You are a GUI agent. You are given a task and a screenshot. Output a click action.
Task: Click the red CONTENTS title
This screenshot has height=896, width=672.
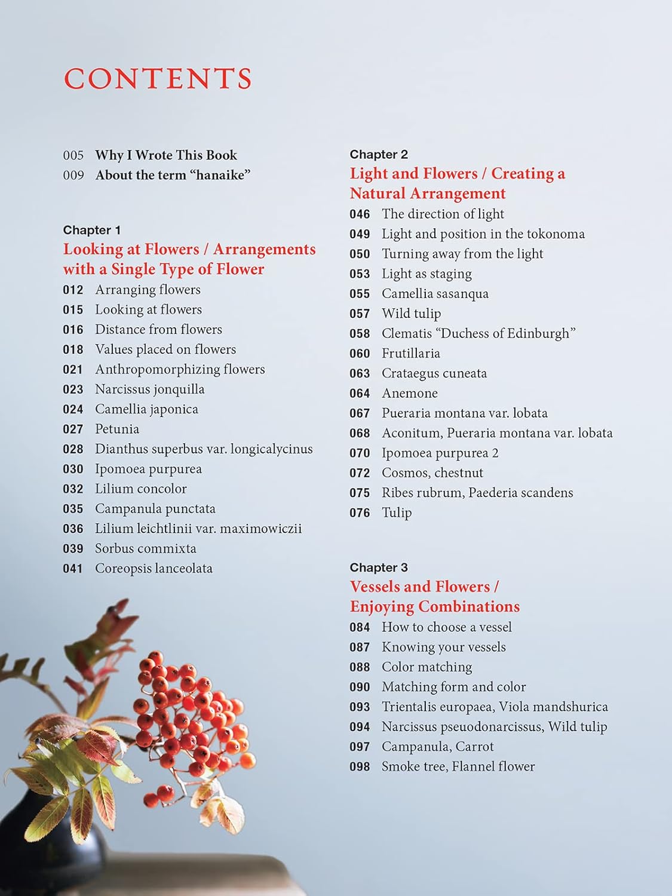(158, 78)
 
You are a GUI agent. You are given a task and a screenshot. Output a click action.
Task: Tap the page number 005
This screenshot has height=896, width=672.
(73, 155)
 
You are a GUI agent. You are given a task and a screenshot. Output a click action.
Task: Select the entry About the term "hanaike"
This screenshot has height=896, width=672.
(173, 175)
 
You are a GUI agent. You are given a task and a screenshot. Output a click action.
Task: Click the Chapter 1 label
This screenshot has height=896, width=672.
(91, 230)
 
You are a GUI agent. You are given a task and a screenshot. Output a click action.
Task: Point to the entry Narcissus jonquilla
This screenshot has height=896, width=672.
(149, 389)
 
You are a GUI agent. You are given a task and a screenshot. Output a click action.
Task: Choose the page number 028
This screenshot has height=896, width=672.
(73, 449)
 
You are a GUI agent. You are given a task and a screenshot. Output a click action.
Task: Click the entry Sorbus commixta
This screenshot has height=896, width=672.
(145, 548)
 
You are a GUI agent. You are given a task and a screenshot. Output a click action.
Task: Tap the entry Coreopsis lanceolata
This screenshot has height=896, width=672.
(154, 569)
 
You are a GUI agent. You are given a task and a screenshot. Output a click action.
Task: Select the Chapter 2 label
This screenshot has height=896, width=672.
(379, 154)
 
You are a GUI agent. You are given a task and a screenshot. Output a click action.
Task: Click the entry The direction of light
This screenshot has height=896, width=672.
(443, 214)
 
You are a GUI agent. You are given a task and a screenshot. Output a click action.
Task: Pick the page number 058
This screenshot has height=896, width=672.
(360, 333)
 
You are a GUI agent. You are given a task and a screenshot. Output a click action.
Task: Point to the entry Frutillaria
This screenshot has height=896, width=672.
(411, 354)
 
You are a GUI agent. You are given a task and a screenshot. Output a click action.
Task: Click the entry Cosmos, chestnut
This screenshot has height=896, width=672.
(432, 473)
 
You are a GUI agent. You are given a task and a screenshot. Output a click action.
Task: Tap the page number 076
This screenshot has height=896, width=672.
(360, 513)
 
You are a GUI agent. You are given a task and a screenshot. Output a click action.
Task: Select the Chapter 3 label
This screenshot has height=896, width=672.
(379, 567)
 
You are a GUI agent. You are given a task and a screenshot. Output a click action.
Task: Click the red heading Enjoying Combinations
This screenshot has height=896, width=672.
(434, 607)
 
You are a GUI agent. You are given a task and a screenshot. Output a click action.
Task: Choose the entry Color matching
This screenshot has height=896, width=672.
(426, 667)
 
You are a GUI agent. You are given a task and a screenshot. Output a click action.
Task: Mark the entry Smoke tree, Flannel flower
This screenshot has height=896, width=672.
(458, 766)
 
